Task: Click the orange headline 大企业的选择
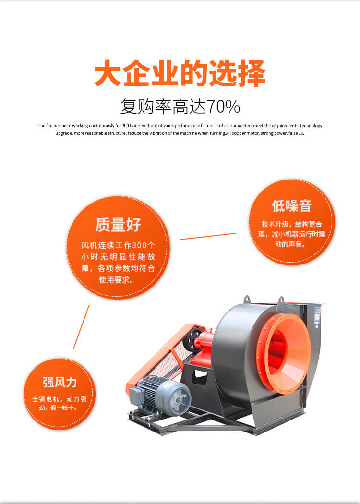(180, 73)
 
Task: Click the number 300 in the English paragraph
(126, 126)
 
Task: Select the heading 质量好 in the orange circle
(118, 225)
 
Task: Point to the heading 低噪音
(291, 206)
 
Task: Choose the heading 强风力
(60, 382)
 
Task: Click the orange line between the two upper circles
(208, 236)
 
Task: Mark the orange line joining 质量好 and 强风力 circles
(81, 326)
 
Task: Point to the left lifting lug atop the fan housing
(247, 300)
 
